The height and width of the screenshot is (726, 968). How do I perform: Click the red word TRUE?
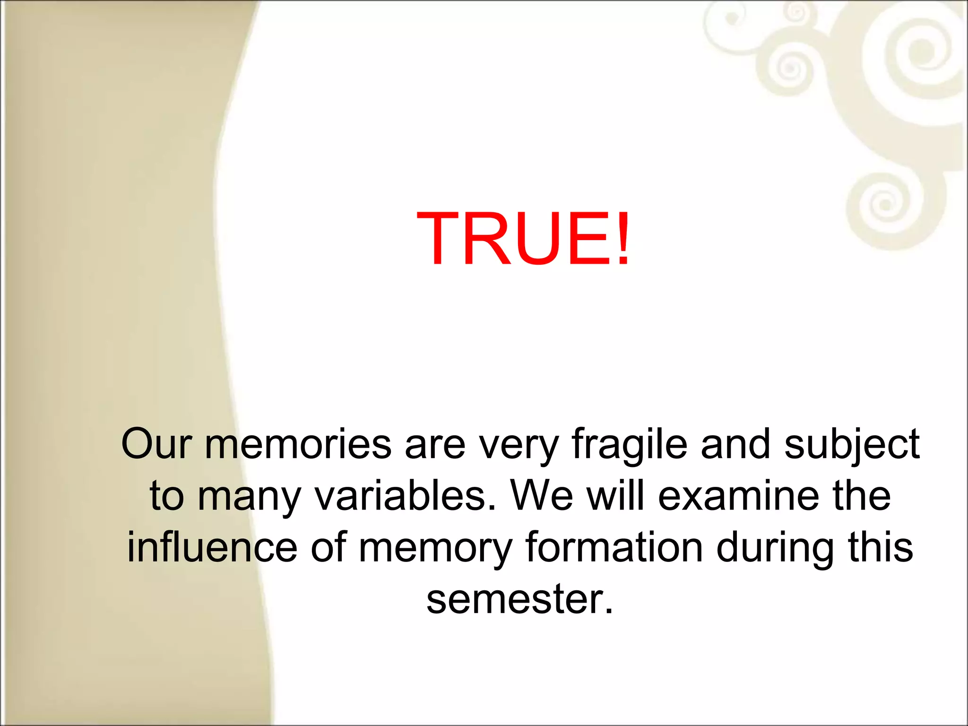tap(523, 239)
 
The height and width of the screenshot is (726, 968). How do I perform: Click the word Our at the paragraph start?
tap(156, 444)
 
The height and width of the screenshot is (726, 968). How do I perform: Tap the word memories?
tap(298, 444)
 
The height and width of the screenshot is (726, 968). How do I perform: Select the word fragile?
tap(629, 445)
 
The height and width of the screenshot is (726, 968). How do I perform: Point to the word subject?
tap(852, 445)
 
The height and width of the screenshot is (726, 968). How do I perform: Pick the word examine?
tap(738, 496)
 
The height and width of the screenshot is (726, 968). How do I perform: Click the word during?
tap(775, 548)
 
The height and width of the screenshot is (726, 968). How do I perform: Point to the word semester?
tap(519, 599)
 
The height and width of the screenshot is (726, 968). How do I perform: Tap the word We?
tap(542, 496)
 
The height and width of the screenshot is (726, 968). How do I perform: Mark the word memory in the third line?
tap(435, 549)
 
